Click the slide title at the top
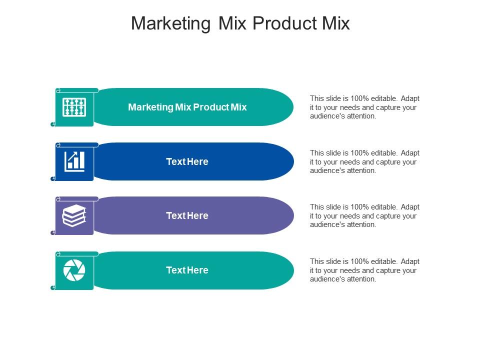[240, 23]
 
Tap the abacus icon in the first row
[74, 107]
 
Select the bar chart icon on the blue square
[74, 161]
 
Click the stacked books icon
[74, 216]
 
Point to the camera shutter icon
[74, 270]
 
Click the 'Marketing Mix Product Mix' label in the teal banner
[187, 107]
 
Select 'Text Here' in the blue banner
[187, 161]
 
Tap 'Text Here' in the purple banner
[187, 216]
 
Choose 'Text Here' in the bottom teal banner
[187, 270]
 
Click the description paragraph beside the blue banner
[364, 161]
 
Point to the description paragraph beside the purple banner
[364, 216]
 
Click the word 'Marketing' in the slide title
[171, 24]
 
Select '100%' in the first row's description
[359, 98]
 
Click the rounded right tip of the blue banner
[293, 161]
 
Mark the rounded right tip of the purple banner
[293, 216]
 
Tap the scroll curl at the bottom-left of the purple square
[52, 233]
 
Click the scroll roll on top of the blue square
[77, 145]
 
